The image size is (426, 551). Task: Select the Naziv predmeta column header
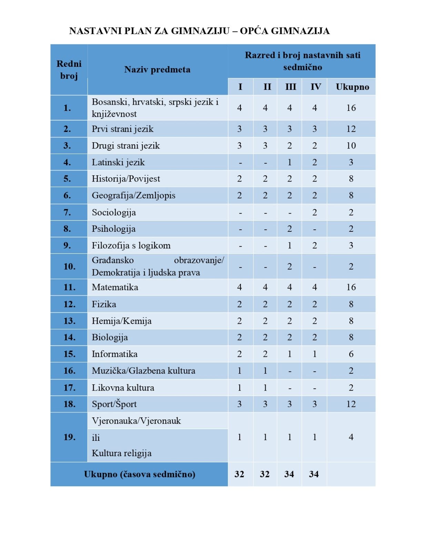[x=157, y=70]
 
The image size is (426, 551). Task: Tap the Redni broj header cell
[x=69, y=70]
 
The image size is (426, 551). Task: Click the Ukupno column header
[x=352, y=87]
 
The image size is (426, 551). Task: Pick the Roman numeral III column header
[x=290, y=87]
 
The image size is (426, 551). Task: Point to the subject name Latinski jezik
[x=118, y=162]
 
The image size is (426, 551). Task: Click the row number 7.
[x=68, y=212]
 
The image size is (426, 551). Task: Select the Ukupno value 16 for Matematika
[x=351, y=287]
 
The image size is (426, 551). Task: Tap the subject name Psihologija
[x=113, y=229]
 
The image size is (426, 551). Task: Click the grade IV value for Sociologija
[x=314, y=212]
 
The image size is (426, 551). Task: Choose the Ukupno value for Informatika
[x=351, y=354]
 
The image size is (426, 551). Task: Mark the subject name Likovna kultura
[x=123, y=387]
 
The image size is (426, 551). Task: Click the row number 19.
[x=69, y=437]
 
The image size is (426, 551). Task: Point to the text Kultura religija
[x=121, y=453]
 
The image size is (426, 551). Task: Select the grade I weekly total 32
[x=239, y=474]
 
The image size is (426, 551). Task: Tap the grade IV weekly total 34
[x=314, y=474]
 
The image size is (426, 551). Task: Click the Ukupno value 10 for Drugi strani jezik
[x=351, y=146]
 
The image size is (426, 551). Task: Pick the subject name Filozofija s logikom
[x=131, y=246]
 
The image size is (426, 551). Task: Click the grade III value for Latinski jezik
[x=290, y=162]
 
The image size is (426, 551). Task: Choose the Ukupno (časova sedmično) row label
[x=140, y=474]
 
